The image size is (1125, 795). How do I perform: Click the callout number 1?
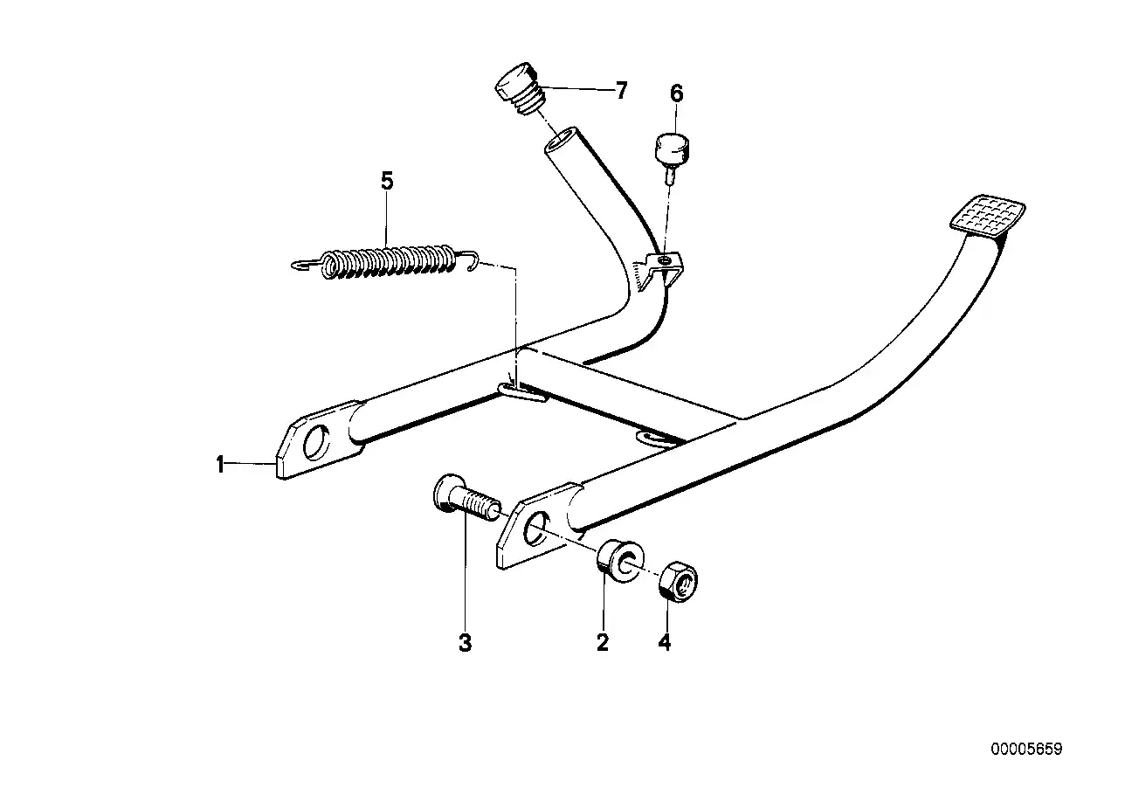click(x=219, y=465)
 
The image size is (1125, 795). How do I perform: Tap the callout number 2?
click(x=603, y=642)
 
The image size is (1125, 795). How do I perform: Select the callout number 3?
click(x=465, y=642)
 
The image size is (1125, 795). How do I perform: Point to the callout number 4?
click(x=665, y=642)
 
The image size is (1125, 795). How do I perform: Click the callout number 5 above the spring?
click(x=387, y=181)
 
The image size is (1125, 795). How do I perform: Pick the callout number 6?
click(x=677, y=93)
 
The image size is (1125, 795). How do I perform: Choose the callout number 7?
click(x=622, y=91)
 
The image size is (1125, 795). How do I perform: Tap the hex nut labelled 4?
click(x=678, y=582)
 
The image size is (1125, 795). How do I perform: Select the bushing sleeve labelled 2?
click(x=620, y=561)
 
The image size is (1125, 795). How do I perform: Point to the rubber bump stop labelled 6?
click(x=671, y=156)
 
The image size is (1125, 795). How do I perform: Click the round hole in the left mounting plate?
click(x=315, y=442)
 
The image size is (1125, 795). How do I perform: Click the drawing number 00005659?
click(x=1026, y=749)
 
